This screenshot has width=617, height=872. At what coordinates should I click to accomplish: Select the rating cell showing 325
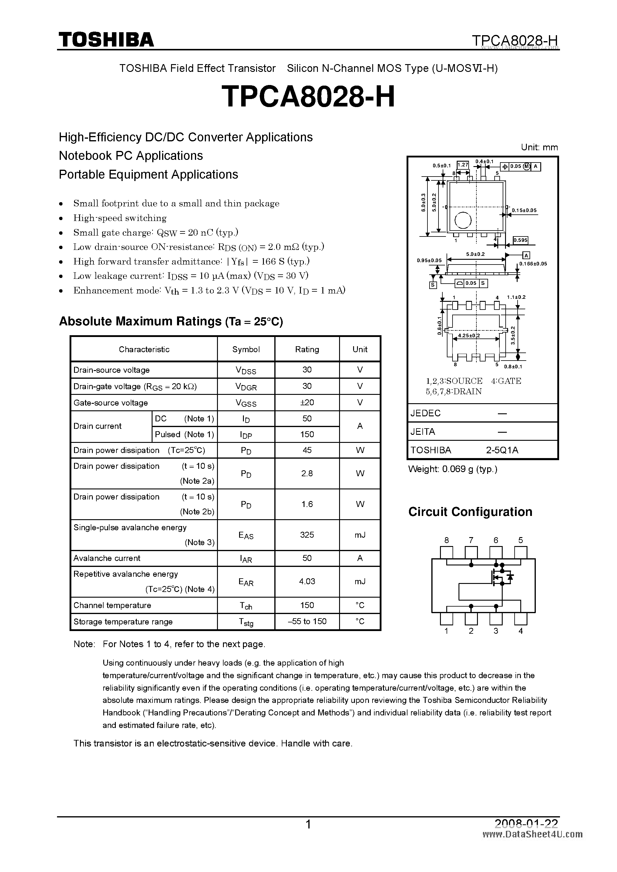[307, 535]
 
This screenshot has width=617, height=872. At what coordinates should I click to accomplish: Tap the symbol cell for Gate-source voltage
[246, 403]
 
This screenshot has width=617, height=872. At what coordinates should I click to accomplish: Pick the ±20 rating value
[307, 403]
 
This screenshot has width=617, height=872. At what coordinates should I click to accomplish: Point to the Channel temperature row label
[112, 605]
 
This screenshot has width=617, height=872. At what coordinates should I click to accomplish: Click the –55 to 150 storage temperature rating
[307, 621]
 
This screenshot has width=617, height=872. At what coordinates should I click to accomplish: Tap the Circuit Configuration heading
[470, 512]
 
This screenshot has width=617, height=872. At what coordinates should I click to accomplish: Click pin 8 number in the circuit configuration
[446, 540]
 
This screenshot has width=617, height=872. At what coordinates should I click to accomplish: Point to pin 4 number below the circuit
[521, 631]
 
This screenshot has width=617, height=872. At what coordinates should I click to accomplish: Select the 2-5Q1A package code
[502, 450]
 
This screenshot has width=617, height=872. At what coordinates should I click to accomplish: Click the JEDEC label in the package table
[425, 413]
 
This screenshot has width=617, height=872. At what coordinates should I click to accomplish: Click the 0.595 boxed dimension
[520, 240]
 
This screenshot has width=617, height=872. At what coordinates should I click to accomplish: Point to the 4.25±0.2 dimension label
[469, 336]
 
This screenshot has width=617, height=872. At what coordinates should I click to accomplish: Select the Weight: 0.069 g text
[453, 469]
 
